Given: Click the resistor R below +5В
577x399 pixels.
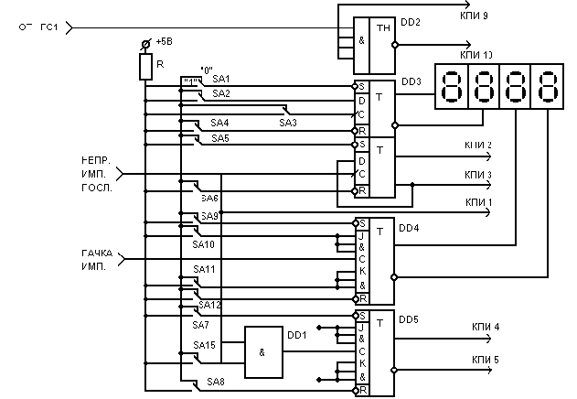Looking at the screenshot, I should click(x=144, y=67).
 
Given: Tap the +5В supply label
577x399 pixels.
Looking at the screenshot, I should click(x=164, y=42).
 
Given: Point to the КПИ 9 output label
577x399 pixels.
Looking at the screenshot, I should click(x=474, y=15).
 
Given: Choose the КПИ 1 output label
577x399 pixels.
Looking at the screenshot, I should click(x=478, y=202).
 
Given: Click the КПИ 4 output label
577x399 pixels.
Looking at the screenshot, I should click(x=485, y=326).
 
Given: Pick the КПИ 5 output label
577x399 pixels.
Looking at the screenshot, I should click(x=485, y=360).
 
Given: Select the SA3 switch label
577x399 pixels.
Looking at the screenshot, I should click(x=288, y=122).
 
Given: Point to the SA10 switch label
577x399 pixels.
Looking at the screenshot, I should click(x=203, y=244).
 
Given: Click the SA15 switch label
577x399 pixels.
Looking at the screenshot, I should click(x=203, y=345).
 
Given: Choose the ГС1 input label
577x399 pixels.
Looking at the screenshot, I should click(x=49, y=27).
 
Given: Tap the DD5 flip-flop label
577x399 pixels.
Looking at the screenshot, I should click(x=409, y=320).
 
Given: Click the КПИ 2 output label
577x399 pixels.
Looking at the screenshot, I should click(x=478, y=146).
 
